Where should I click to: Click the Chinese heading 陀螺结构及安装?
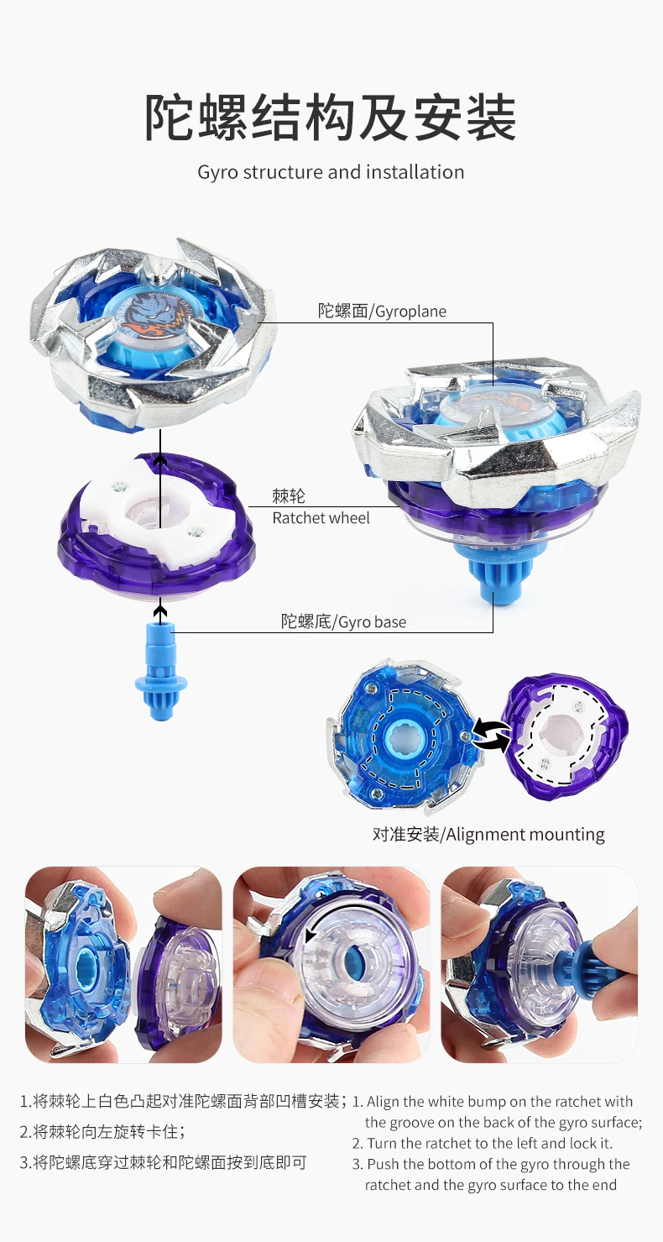331,118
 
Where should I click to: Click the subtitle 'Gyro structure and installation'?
331,172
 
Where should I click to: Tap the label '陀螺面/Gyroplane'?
382,311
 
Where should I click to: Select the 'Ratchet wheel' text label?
321,518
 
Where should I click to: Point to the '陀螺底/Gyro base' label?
343,621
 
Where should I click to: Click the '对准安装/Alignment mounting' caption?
488,834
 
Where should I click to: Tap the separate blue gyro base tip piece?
161,671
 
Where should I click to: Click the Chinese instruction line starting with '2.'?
102,1131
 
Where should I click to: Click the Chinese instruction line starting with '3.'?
163,1163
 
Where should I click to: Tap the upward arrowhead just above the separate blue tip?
160,612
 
